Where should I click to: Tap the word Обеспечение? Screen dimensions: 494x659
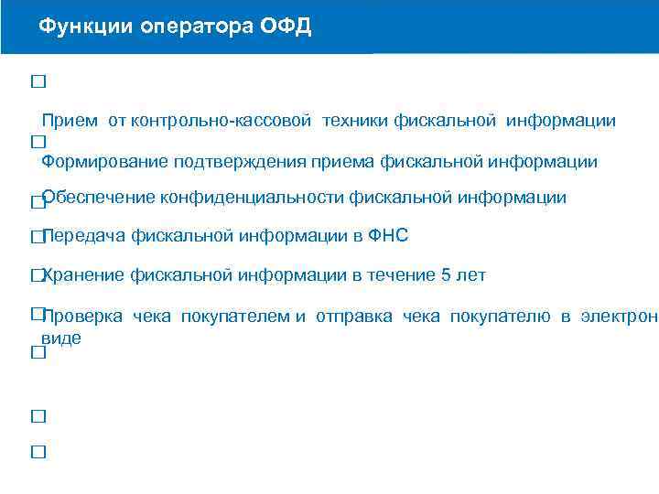click(x=99, y=197)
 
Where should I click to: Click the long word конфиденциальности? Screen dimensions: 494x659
click(x=253, y=197)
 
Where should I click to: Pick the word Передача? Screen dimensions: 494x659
click(x=84, y=236)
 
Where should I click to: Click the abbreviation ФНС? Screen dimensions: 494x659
click(x=387, y=236)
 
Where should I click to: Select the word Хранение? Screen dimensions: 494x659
click(x=84, y=275)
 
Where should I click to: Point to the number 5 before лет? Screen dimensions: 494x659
click(x=447, y=275)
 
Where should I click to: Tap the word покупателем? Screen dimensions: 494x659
click(x=235, y=317)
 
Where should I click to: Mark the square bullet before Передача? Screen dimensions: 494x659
click(x=37, y=237)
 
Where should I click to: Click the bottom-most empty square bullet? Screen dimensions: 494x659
click(x=38, y=452)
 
